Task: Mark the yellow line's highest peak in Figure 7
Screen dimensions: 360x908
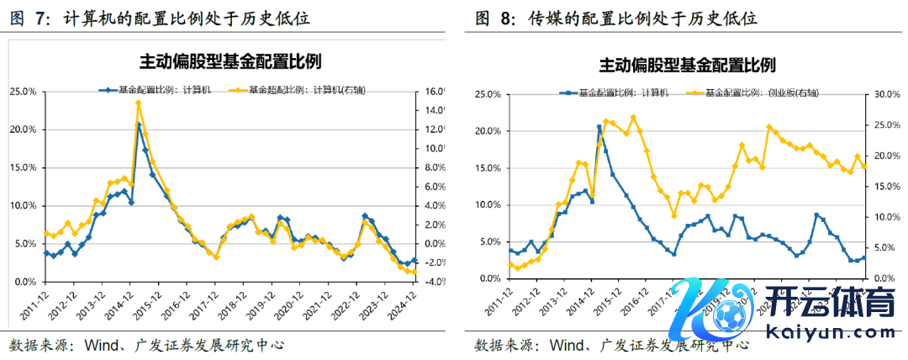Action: click(138, 103)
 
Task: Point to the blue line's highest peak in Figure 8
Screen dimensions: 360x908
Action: click(599, 127)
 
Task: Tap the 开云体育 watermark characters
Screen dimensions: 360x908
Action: click(841, 303)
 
